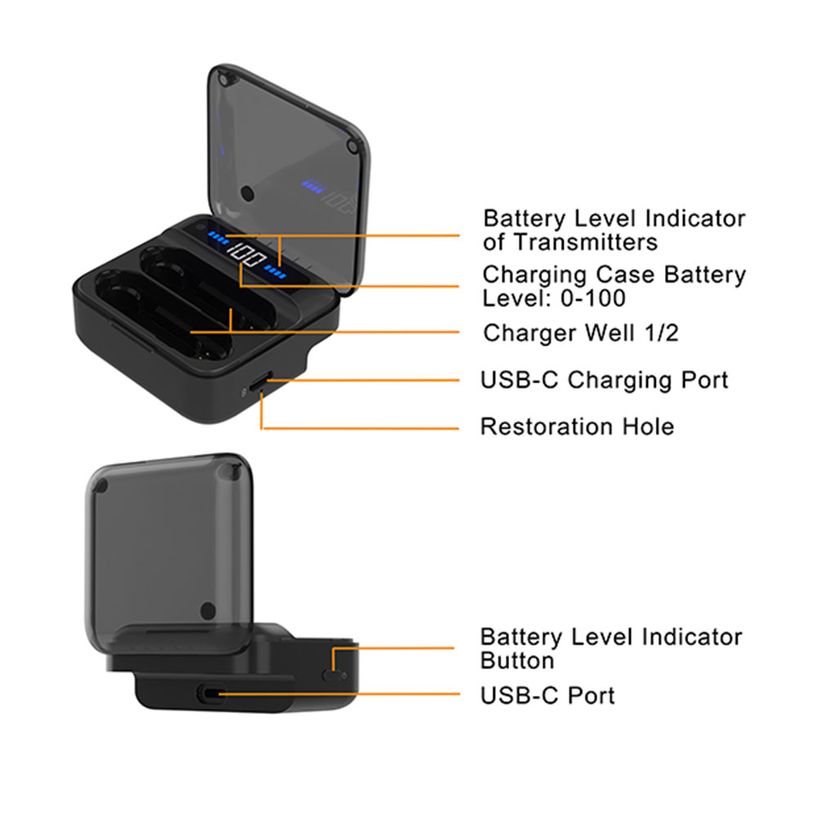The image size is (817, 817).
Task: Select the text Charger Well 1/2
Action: click(580, 333)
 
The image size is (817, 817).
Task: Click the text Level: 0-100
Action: click(554, 297)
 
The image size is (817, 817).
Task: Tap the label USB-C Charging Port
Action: click(604, 380)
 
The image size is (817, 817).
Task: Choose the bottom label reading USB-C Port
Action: click(547, 695)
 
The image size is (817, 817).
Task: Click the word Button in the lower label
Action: click(516, 660)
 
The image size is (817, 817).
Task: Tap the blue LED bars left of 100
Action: click(219, 239)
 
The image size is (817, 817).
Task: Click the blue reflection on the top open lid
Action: click(313, 185)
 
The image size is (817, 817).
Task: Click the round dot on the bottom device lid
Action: click(208, 609)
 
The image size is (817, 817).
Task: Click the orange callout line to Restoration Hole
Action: click(368, 427)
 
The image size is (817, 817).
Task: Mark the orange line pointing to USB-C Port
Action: click(343, 695)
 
